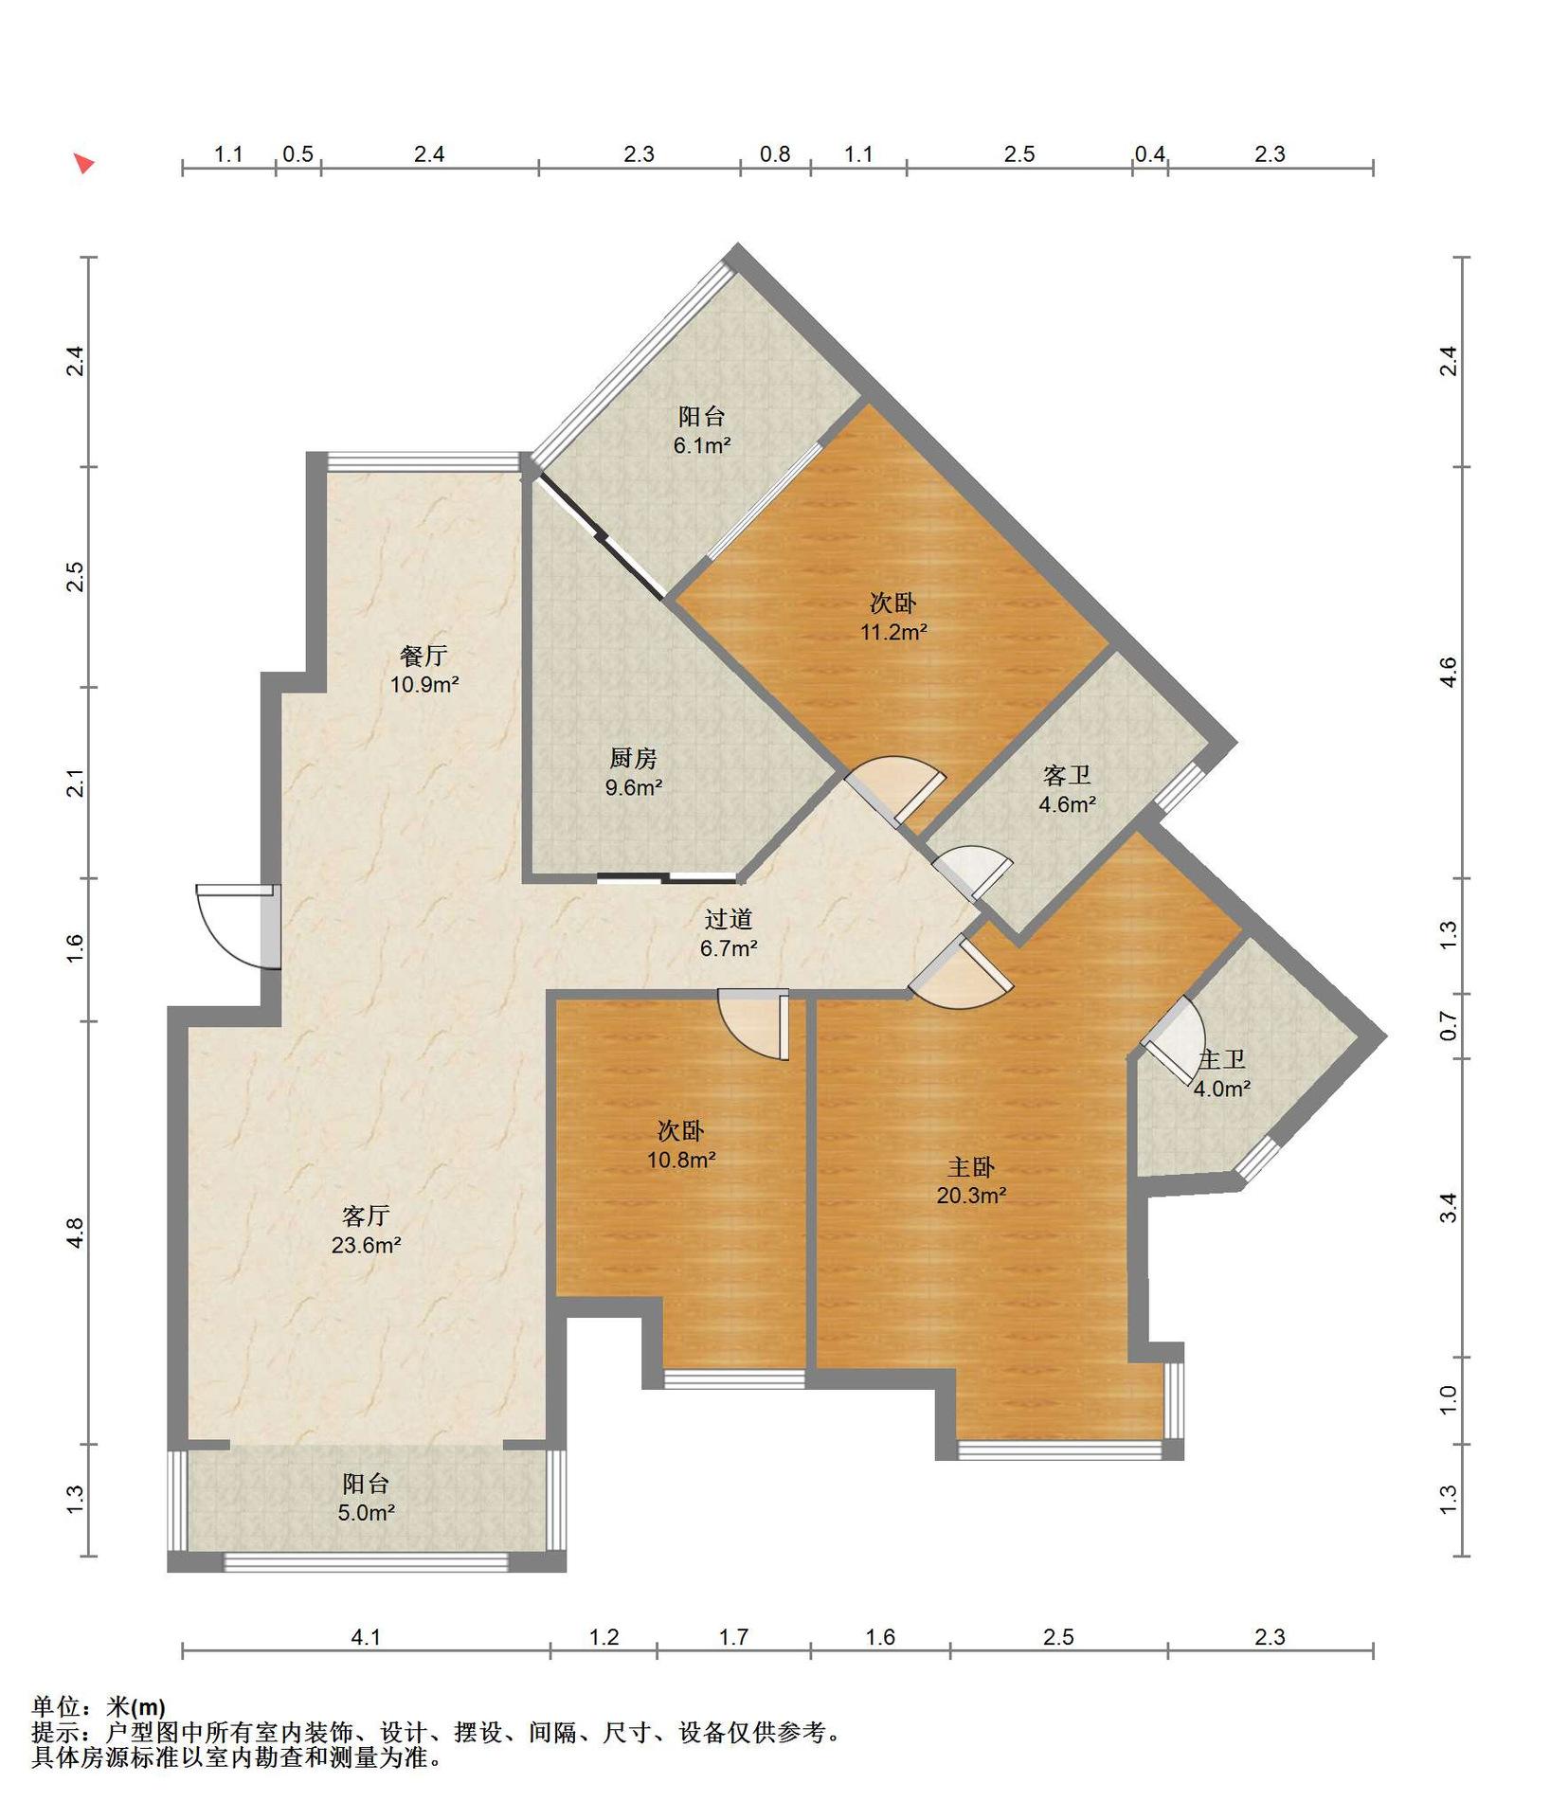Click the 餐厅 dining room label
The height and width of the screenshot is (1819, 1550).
tap(423, 656)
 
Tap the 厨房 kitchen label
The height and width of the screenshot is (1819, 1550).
tap(633, 758)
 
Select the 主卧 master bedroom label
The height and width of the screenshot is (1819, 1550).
tap(971, 1167)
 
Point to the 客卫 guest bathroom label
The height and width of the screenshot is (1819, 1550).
tap(1067, 776)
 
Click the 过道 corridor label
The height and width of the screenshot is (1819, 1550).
tap(729, 919)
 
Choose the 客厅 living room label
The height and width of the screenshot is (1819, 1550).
tap(366, 1216)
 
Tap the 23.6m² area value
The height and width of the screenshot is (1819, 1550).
tap(366, 1245)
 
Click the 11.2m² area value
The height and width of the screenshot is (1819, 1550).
tap(893, 632)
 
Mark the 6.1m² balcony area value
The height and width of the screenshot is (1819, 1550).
tap(702, 445)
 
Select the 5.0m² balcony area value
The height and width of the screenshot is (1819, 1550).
tap(366, 1513)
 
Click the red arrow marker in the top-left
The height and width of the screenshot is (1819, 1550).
tap(84, 163)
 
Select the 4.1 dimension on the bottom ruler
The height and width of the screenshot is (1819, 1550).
tap(366, 1637)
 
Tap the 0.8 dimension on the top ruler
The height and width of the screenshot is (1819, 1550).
tap(775, 154)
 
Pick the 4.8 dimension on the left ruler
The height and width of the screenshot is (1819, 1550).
tap(76, 1232)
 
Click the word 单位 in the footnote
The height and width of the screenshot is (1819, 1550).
tap(56, 1707)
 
